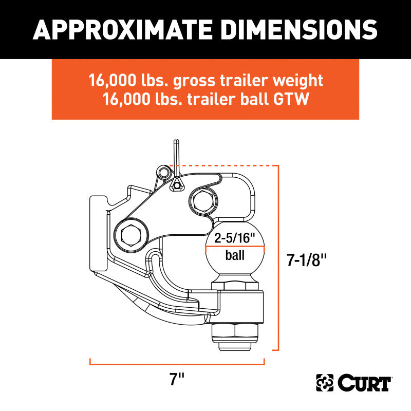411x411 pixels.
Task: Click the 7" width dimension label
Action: pos(178,380)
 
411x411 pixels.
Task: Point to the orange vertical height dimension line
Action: pos(278,257)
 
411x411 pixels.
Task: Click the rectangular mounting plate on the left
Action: pos(97,231)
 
